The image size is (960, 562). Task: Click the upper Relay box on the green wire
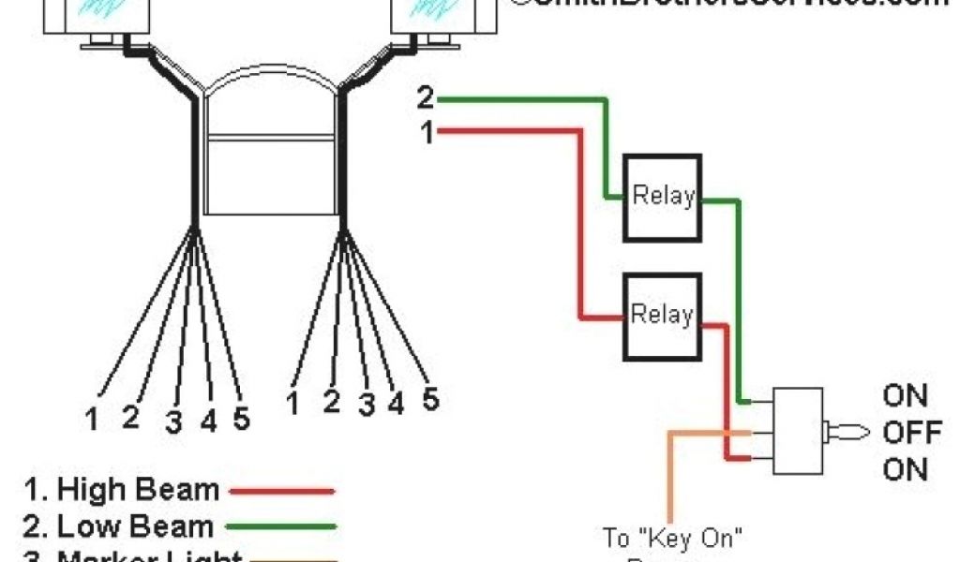point(663,195)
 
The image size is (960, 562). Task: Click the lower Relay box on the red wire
point(663,316)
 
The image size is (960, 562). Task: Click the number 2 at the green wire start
point(426,98)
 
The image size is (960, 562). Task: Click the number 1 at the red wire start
point(427,134)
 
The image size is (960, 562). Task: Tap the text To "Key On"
point(673,538)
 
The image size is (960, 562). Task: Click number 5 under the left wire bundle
point(241,421)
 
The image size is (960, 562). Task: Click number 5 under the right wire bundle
point(429,398)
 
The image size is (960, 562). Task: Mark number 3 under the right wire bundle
point(366,405)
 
